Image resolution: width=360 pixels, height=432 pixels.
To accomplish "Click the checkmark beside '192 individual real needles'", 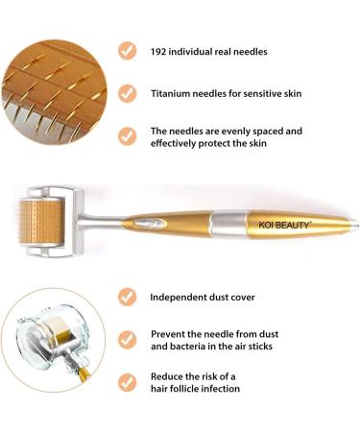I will click(x=127, y=50).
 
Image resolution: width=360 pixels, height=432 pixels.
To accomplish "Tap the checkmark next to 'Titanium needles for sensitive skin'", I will click(x=127, y=93).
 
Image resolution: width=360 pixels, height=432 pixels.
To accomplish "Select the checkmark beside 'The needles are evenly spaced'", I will click(x=127, y=136).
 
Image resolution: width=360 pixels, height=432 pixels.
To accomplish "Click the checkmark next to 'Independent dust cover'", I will click(x=127, y=297).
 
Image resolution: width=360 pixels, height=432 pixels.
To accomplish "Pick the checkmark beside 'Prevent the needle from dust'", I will click(x=127, y=339).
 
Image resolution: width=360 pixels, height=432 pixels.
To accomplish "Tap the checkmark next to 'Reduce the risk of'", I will click(x=127, y=381).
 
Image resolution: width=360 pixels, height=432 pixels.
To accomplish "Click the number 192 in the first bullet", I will click(x=160, y=50).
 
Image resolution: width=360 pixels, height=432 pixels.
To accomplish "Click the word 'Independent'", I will click(x=182, y=297).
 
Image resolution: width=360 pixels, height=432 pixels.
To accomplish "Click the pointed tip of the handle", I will click(x=355, y=224).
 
